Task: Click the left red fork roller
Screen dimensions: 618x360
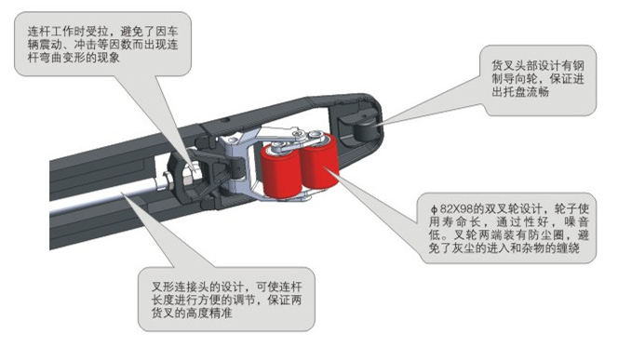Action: click(280, 172)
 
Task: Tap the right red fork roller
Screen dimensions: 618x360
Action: click(319, 163)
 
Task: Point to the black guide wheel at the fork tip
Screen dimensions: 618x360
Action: click(365, 127)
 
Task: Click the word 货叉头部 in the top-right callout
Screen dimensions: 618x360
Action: click(514, 65)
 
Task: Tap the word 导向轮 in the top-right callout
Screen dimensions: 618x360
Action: click(520, 78)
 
